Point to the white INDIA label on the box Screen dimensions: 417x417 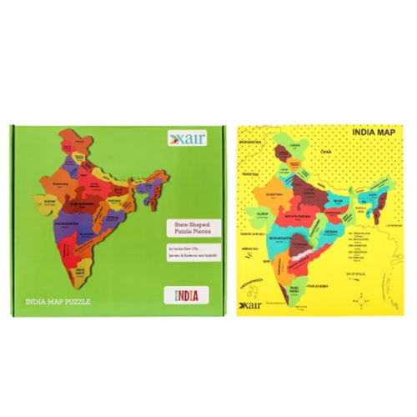point(186,294)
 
